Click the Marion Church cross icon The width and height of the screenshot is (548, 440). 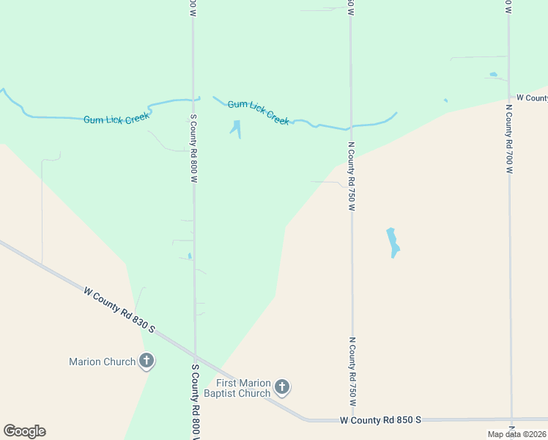(147, 361)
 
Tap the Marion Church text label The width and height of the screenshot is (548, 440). (102, 362)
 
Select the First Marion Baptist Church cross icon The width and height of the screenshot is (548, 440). (282, 387)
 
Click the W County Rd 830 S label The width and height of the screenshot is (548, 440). (119, 309)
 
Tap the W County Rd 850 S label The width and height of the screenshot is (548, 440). (381, 419)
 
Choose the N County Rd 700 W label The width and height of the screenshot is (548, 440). (508, 138)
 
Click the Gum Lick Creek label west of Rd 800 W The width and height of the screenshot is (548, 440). (116, 117)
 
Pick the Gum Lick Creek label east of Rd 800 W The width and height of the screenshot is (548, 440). (259, 113)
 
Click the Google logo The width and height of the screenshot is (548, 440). (24, 431)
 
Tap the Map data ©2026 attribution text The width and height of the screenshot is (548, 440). (517, 434)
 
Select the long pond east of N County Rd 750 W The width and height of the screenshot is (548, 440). (393, 242)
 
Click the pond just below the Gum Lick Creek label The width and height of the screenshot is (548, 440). (236, 128)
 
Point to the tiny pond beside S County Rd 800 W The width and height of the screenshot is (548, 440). (190, 256)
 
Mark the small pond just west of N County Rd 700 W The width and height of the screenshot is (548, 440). (493, 74)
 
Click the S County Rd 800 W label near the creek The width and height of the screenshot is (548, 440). (194, 148)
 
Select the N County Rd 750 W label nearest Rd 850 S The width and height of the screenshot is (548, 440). (352, 372)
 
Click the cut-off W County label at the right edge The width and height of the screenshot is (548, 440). (532, 98)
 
